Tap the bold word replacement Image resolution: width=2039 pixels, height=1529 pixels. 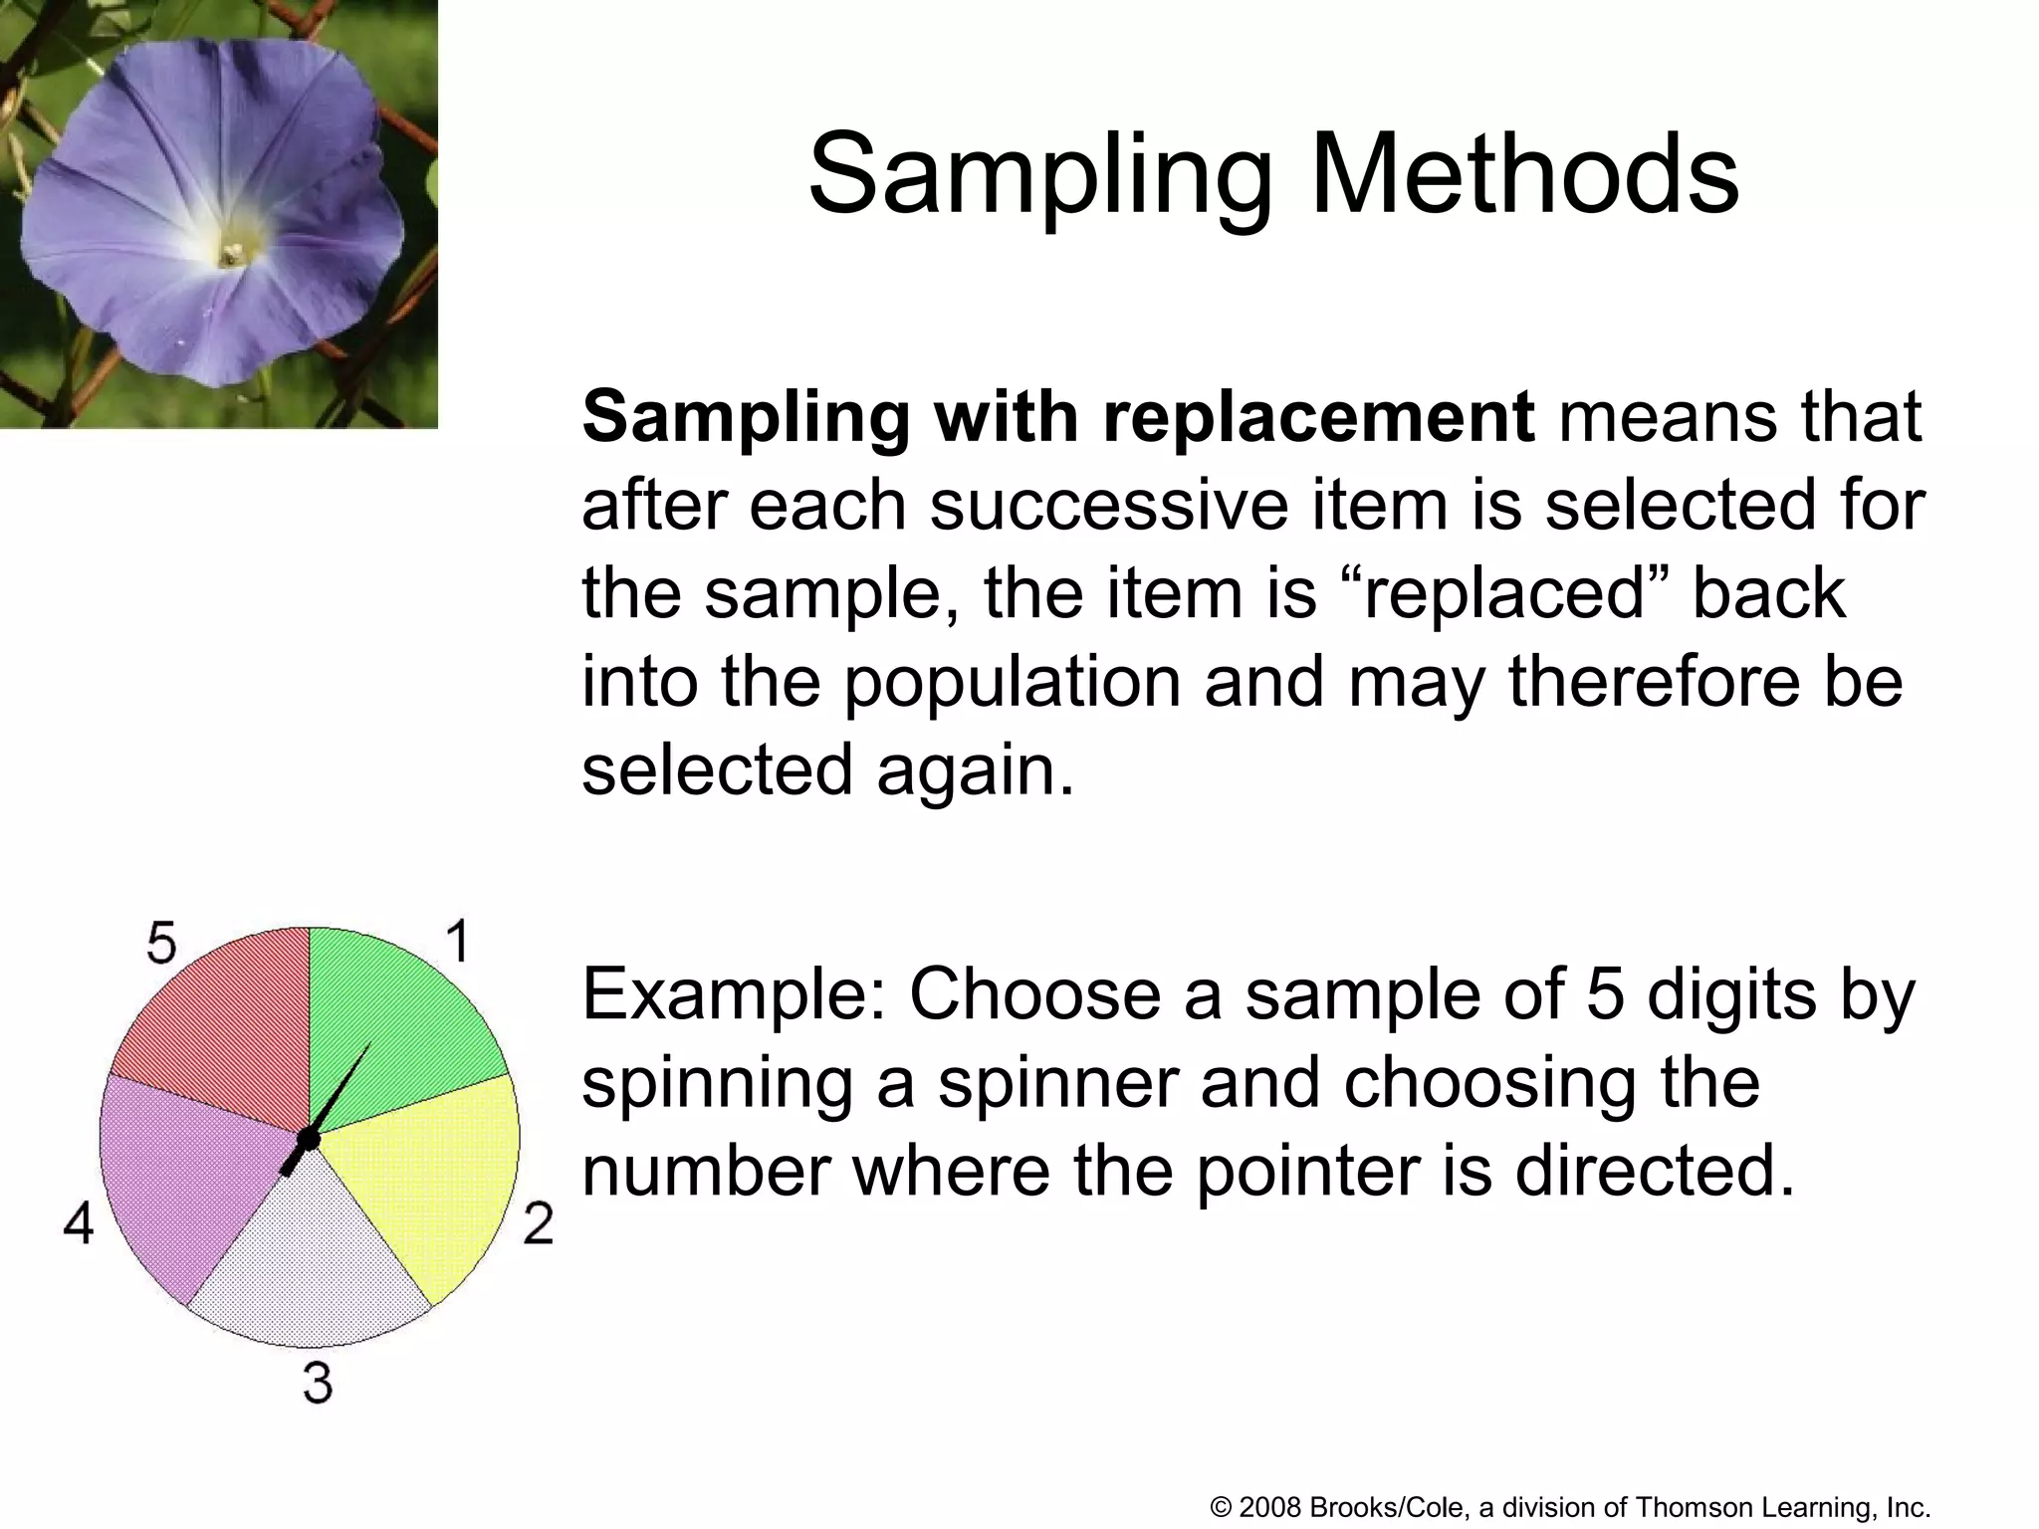(x=1318, y=416)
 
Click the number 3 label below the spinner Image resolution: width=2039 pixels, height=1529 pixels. (x=318, y=1383)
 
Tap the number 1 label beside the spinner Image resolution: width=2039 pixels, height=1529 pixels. (x=457, y=941)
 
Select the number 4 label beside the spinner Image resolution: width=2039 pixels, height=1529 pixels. (x=79, y=1222)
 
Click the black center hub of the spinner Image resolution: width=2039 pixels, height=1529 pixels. (x=309, y=1138)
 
